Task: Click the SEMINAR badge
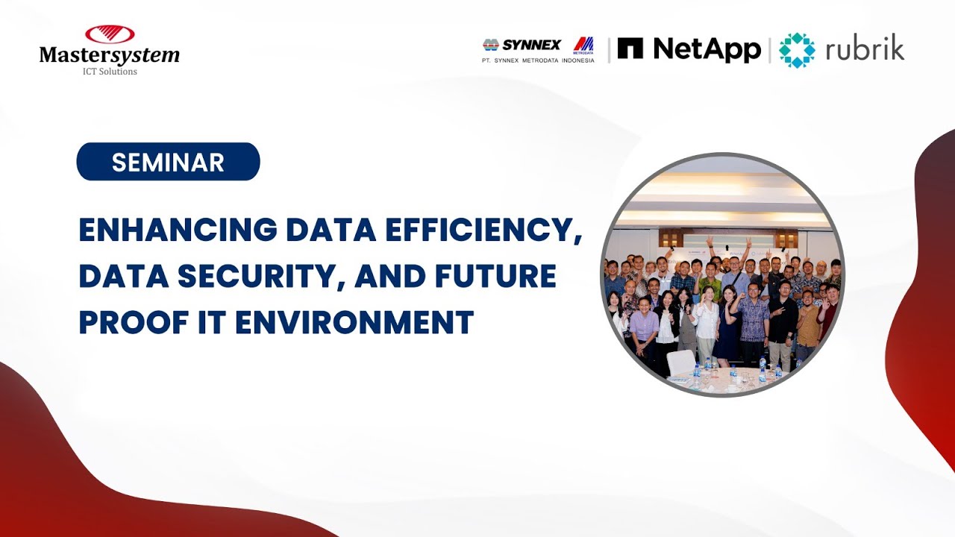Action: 168,162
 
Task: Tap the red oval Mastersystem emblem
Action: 110,34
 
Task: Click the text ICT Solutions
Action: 110,72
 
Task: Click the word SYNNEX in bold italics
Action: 530,45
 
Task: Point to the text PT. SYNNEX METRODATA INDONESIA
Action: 539,60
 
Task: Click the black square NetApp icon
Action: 630,48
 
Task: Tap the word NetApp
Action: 707,48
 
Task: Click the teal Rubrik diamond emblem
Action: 797,50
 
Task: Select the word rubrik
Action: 865,49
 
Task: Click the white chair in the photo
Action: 681,362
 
